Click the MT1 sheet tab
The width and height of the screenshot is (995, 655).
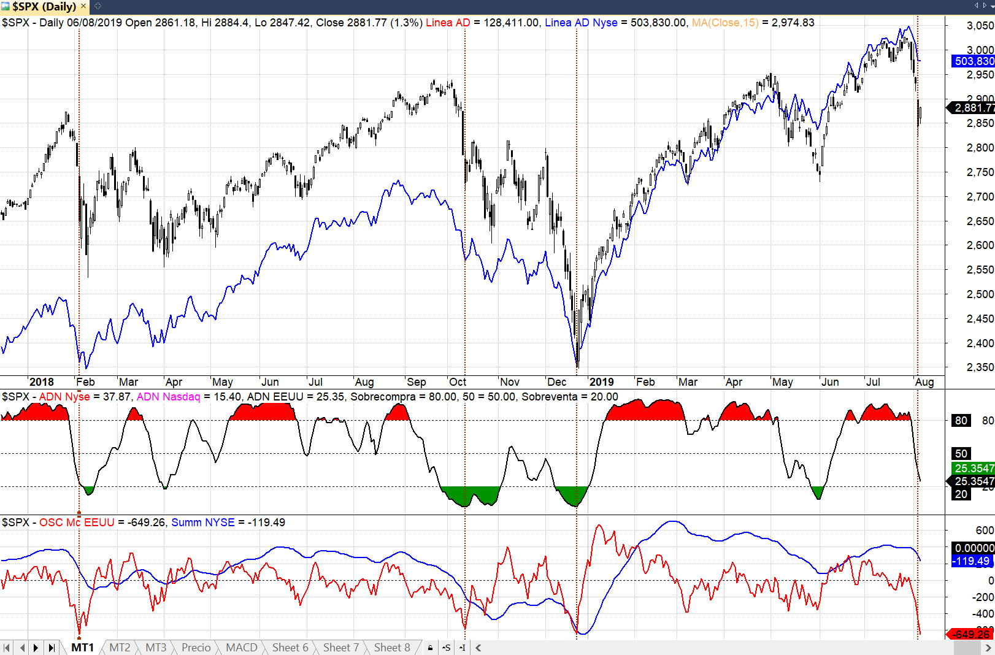coord(82,648)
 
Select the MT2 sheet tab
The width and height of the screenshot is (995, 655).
coord(120,648)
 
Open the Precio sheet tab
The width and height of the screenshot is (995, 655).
coord(196,648)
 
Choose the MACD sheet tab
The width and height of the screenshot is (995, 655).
coord(241,648)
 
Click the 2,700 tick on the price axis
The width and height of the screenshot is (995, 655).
coord(980,197)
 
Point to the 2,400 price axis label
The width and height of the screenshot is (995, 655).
coord(980,343)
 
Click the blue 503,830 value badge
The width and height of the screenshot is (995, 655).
coord(974,61)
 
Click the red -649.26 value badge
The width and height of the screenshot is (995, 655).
coord(972,634)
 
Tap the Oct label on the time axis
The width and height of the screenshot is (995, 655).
coord(458,382)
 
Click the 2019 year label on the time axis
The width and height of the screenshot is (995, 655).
coord(601,382)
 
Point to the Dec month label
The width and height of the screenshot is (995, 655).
coord(556,382)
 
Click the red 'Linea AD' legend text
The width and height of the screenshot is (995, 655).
coord(448,23)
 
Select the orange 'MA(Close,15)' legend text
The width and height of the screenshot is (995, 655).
coord(725,23)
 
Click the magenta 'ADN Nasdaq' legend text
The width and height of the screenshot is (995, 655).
coord(168,397)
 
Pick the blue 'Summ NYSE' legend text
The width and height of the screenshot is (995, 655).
coord(202,523)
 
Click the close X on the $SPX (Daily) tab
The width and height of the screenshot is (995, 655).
coord(83,6)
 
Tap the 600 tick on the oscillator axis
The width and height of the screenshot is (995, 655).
coord(984,531)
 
